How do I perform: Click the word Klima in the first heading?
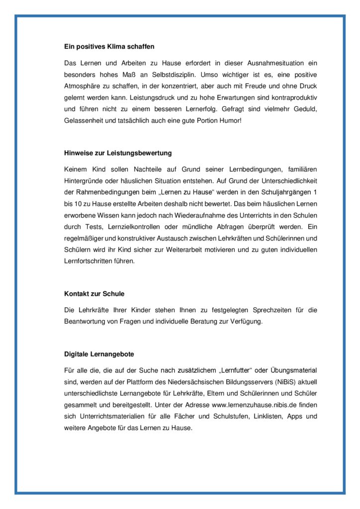coord(117,47)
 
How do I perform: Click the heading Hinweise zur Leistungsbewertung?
coord(118,153)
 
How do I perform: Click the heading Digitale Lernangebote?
coord(99,354)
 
